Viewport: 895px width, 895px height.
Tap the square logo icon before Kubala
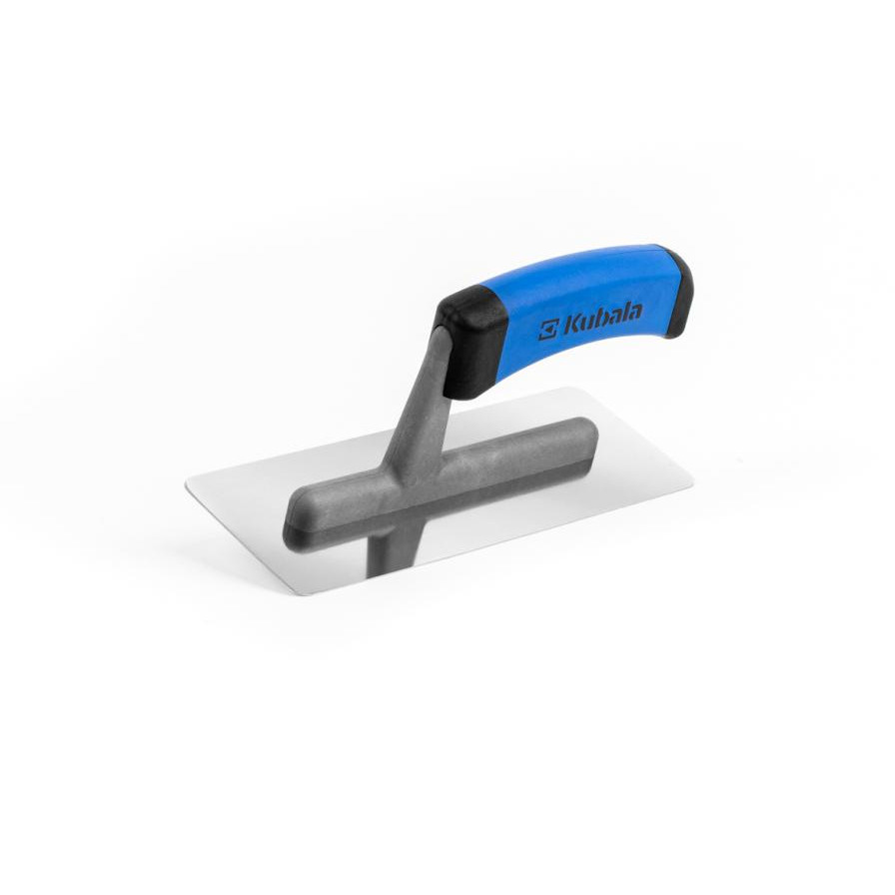click(548, 331)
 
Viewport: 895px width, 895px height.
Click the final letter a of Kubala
click(634, 315)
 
